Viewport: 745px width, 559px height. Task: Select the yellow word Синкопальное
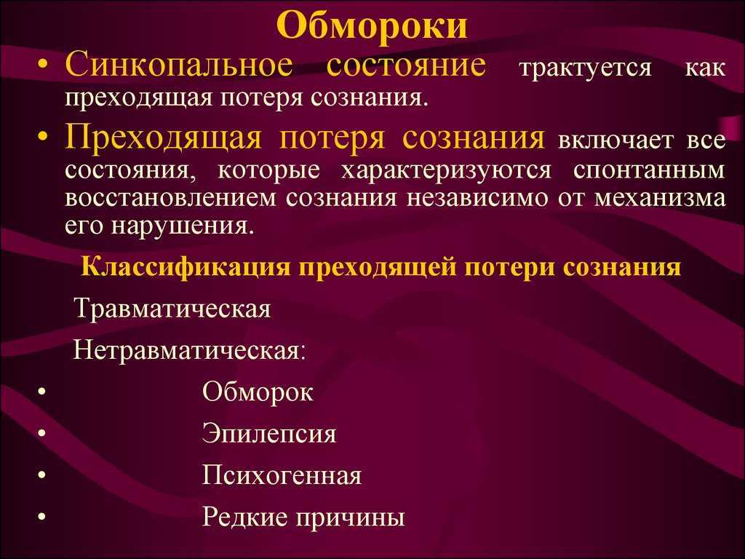[x=179, y=64]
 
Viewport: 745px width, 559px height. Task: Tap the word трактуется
[x=586, y=68]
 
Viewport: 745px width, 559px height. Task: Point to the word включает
[x=615, y=140]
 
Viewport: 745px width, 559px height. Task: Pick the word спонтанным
[x=650, y=170]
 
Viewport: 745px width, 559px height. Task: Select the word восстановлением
[x=170, y=198]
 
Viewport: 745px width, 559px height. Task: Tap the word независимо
[x=477, y=198]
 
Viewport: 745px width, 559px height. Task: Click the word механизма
[x=661, y=198]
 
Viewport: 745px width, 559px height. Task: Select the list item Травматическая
[x=173, y=309]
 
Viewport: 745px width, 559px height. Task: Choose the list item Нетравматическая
[x=190, y=351]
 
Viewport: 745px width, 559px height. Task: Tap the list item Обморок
[x=258, y=392]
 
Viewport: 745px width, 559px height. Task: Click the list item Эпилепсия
[x=269, y=434]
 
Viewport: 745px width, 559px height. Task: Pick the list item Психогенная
[x=282, y=475]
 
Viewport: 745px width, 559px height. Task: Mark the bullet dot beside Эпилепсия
[x=42, y=433]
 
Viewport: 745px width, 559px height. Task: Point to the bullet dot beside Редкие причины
[x=42, y=517]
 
